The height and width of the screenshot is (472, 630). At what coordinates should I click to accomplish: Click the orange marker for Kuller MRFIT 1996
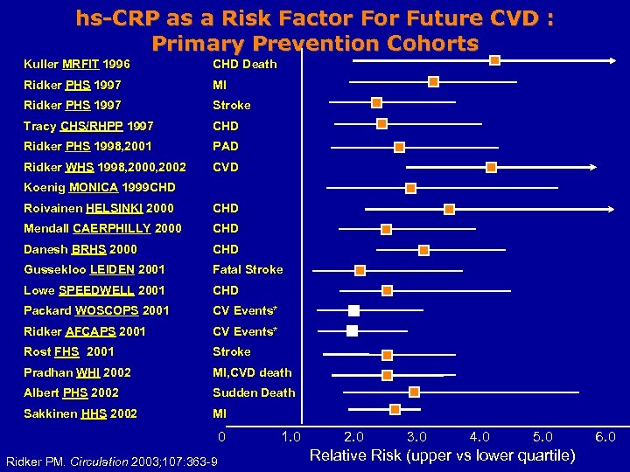click(495, 60)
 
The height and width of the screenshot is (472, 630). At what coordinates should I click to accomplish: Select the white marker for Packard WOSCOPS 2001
click(353, 310)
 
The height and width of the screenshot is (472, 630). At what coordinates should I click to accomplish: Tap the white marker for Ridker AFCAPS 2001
click(352, 330)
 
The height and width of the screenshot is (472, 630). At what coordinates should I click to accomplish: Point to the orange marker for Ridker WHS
click(491, 166)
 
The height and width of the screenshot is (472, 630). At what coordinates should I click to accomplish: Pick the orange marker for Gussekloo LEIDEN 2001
click(360, 270)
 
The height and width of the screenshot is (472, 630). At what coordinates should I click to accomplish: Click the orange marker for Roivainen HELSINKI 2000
click(449, 208)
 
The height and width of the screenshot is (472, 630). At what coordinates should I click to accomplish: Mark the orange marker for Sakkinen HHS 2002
click(395, 409)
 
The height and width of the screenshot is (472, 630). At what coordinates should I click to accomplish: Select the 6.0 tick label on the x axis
click(605, 436)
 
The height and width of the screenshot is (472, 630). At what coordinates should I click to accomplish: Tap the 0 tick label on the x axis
click(222, 436)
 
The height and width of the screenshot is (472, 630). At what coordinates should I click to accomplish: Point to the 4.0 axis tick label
click(479, 436)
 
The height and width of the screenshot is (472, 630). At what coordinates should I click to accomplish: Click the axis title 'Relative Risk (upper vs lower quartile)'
click(443, 455)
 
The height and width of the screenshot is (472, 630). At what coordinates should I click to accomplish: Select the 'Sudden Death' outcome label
click(254, 392)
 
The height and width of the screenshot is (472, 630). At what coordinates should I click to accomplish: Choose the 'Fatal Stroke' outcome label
click(248, 269)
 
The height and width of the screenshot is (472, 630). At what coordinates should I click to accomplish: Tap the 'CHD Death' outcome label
click(244, 64)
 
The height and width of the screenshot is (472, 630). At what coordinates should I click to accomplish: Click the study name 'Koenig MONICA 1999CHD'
click(99, 187)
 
